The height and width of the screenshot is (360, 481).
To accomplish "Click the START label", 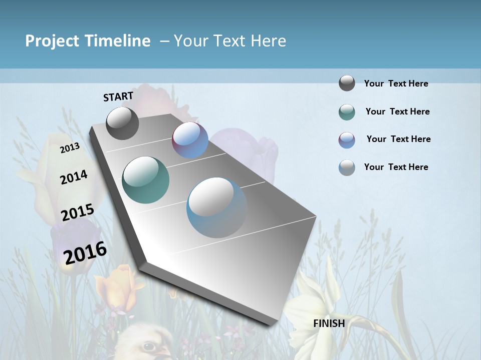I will pyautogui.click(x=118, y=96).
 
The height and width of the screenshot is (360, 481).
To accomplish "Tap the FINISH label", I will pyautogui.click(x=329, y=323).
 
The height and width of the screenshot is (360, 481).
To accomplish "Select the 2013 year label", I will pyautogui.click(x=70, y=147).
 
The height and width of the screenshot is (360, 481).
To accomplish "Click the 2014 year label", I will pyautogui.click(x=74, y=177).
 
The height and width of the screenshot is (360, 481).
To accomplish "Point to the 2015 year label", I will pyautogui.click(x=78, y=212).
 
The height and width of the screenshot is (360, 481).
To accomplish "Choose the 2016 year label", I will pyautogui.click(x=85, y=252).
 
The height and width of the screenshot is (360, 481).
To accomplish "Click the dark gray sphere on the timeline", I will pyautogui.click(x=122, y=123).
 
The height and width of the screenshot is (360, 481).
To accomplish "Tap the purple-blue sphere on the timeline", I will pyautogui.click(x=190, y=140).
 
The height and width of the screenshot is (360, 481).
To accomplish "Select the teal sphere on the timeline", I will pyautogui.click(x=145, y=180).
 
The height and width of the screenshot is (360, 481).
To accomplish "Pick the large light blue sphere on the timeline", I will pyautogui.click(x=217, y=207).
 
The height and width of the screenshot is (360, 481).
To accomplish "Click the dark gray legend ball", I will pyautogui.click(x=347, y=83).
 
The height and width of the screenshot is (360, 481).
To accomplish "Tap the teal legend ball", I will pyautogui.click(x=347, y=112).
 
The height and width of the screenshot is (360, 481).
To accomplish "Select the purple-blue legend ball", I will pyautogui.click(x=347, y=140).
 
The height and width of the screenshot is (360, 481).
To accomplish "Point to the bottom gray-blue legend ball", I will pyautogui.click(x=347, y=167).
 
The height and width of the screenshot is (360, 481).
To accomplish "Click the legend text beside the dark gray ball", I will pyautogui.click(x=396, y=83).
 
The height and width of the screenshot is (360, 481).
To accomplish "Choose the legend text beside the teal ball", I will pyautogui.click(x=397, y=111).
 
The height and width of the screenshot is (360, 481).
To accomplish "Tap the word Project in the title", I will pyautogui.click(x=52, y=41).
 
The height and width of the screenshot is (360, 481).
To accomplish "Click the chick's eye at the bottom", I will pyautogui.click(x=148, y=346).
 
